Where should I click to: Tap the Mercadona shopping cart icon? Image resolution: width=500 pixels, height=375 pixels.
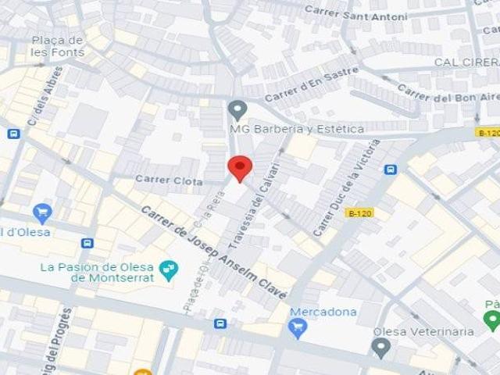(298, 328)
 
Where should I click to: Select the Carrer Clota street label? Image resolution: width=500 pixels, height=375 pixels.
(169, 180)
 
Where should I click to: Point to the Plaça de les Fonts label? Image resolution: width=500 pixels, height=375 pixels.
(57, 46)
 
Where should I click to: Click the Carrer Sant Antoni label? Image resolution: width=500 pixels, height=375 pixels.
(355, 13)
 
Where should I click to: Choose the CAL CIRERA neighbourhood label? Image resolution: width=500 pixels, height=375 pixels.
(466, 62)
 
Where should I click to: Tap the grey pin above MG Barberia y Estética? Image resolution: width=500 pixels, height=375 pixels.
(237, 109)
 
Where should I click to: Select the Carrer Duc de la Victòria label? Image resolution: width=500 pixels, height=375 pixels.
(346, 188)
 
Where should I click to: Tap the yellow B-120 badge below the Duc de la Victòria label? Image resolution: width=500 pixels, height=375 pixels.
(359, 212)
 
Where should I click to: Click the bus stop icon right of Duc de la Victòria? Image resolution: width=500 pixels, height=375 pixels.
(391, 169)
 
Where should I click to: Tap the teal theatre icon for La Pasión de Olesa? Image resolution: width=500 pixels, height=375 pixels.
(168, 270)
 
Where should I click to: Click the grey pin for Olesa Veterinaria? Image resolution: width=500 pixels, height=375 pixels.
(381, 348)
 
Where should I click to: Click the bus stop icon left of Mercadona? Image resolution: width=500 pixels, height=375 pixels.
(220, 323)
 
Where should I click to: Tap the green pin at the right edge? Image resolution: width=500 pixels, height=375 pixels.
(491, 320)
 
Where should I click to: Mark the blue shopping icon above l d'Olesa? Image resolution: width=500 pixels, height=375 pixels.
(42, 212)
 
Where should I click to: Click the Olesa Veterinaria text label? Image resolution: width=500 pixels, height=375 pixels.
(423, 331)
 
